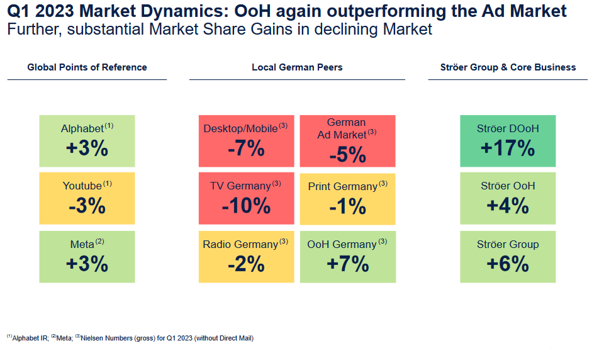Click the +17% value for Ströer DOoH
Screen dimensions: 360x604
[x=507, y=149]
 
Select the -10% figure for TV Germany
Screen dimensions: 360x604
[x=246, y=206]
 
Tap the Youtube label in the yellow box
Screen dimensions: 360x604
[x=82, y=186]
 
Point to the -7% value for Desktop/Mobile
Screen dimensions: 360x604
[x=246, y=149]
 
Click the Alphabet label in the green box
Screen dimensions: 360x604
[x=82, y=128]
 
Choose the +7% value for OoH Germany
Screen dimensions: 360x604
[x=347, y=264]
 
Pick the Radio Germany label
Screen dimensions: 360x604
[x=240, y=244]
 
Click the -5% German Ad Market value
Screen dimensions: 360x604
[x=347, y=154]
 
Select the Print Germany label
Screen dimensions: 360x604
[x=343, y=186]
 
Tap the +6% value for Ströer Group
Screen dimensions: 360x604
[x=507, y=264]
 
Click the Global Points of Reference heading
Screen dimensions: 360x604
[x=87, y=67]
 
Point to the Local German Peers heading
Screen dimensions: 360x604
[x=297, y=67]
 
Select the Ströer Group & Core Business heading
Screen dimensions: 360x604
[x=507, y=67]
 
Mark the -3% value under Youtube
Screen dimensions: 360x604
[x=87, y=206]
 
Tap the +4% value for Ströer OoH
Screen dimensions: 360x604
[x=507, y=206]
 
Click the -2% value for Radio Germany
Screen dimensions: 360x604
[x=246, y=264]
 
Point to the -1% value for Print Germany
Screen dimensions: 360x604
[x=347, y=206]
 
